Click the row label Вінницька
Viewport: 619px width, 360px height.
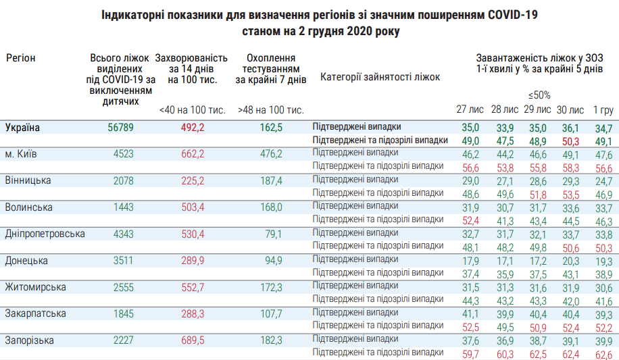[24, 181]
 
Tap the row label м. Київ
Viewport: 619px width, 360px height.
[20, 155]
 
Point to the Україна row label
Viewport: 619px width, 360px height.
[22, 128]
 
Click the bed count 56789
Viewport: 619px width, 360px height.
[122, 128]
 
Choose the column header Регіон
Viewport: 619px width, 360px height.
[21, 58]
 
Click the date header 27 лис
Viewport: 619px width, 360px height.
[470, 109]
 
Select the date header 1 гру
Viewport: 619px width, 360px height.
[603, 109]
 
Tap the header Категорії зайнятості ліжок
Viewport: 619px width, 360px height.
[380, 77]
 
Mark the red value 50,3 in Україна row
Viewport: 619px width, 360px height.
[571, 140]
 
